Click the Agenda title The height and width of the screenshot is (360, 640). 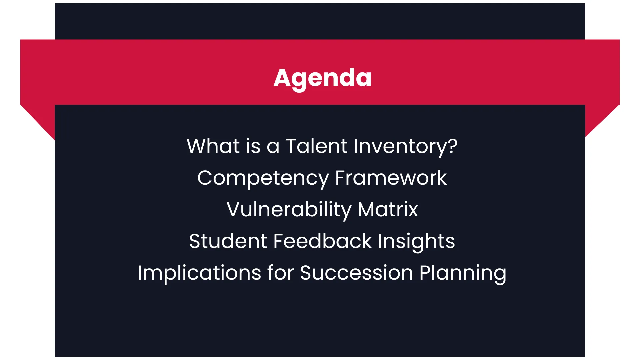pos(322,78)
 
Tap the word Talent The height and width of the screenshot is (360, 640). pos(317,146)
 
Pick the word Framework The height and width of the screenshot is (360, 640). pos(391,178)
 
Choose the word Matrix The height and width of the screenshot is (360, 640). pos(388,209)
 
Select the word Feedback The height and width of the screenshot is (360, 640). pos(322,241)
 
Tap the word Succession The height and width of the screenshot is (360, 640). pos(357,273)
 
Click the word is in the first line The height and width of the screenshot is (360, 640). pos(253,146)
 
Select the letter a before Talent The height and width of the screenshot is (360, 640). pos(273,148)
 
